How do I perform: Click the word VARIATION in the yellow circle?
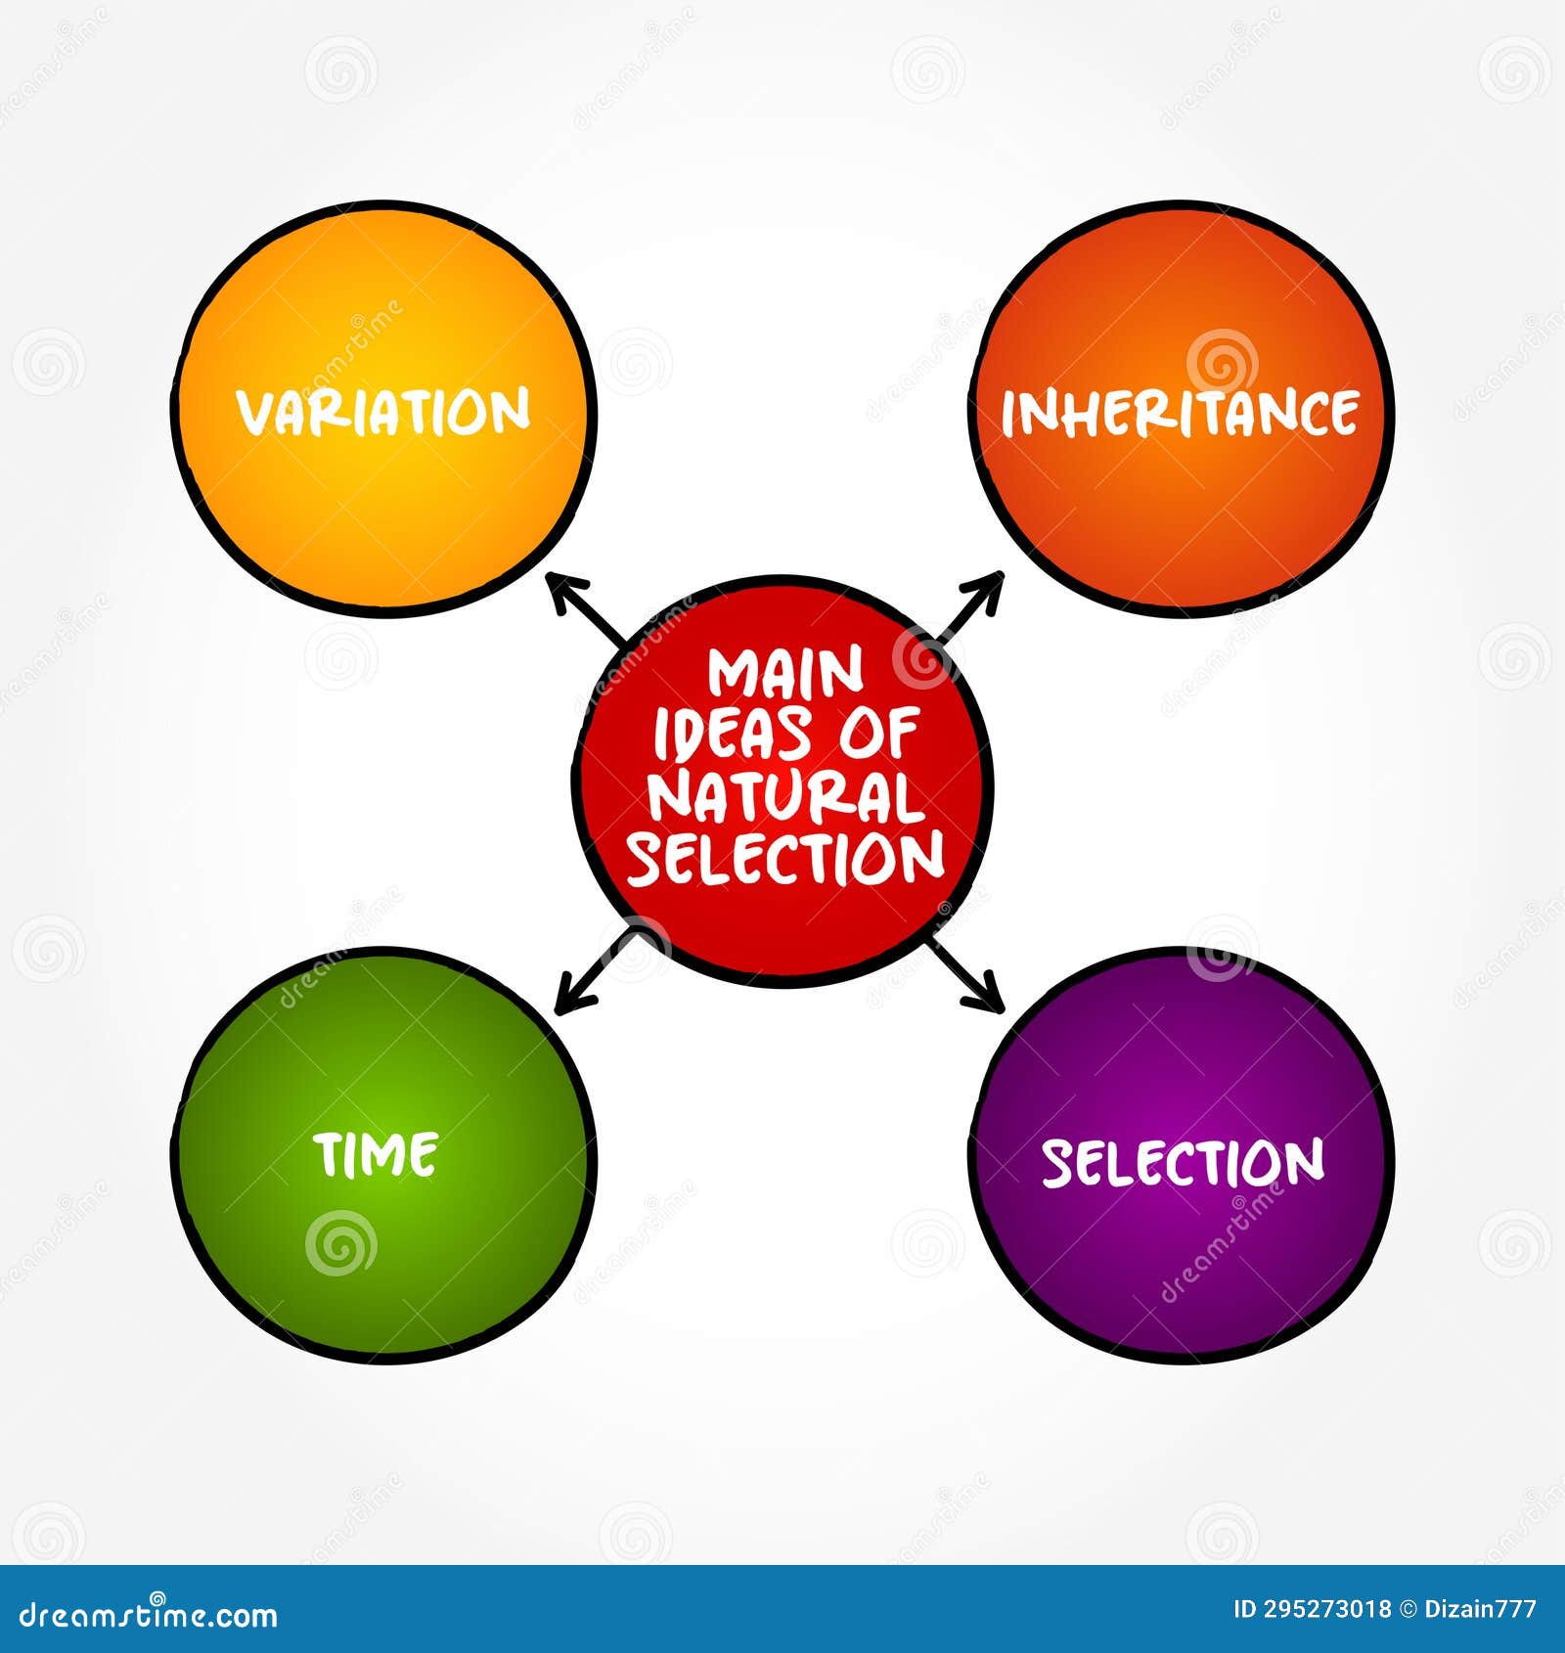click(x=384, y=412)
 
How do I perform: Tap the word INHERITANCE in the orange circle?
click(x=1180, y=413)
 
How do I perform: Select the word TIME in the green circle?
click(x=377, y=1155)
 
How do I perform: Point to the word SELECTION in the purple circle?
click(x=1183, y=1162)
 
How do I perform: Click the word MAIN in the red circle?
click(x=786, y=674)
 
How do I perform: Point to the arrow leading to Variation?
click(x=587, y=608)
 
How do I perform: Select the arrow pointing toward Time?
click(x=591, y=974)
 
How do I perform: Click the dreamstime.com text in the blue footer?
click(x=149, y=1614)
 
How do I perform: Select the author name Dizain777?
click(x=1483, y=1609)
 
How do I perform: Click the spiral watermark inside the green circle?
click(x=339, y=1244)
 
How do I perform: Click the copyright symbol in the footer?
click(x=1408, y=1609)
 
